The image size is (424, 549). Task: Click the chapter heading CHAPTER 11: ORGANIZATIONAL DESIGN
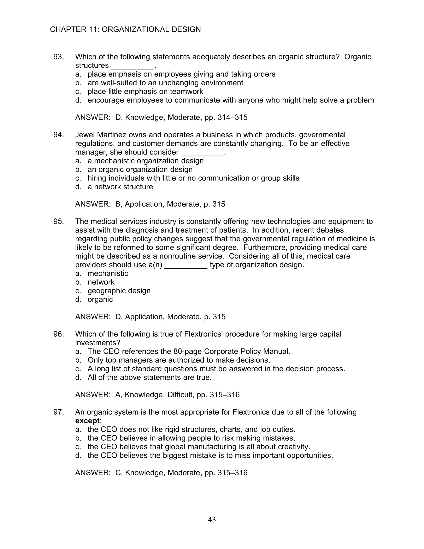125,29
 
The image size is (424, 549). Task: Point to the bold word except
87,421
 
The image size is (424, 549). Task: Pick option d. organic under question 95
100,299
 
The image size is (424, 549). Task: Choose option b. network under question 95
101,282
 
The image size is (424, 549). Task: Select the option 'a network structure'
120,187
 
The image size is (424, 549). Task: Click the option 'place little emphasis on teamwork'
145,92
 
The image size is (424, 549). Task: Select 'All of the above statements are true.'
149,377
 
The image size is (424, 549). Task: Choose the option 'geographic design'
119,291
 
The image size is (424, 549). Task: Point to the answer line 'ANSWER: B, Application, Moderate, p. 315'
150,204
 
